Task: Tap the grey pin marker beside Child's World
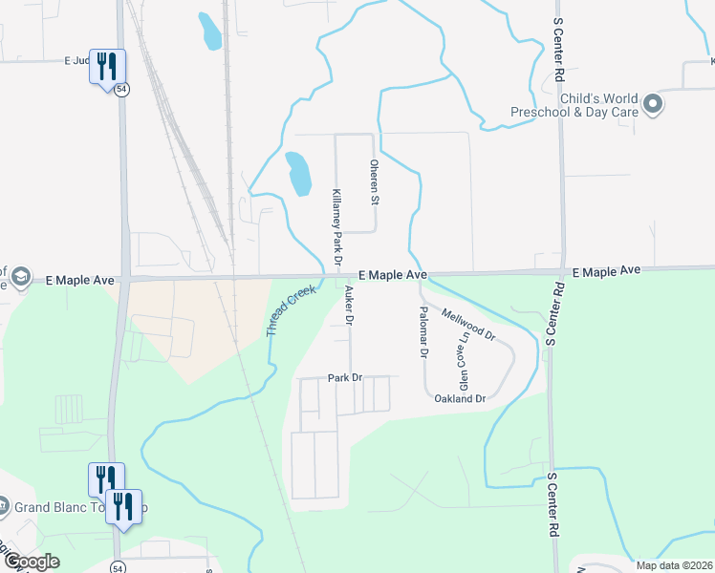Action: point(654,104)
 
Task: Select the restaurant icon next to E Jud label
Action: point(106,66)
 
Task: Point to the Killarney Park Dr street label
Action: point(336,228)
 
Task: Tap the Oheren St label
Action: point(375,181)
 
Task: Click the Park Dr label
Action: point(345,378)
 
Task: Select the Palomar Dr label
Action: point(422,332)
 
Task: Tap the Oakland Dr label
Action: point(460,398)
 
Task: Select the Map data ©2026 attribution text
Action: point(673,565)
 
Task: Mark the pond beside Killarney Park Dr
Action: point(298,173)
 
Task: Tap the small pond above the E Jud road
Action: point(209,31)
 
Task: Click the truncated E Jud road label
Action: point(76,60)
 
